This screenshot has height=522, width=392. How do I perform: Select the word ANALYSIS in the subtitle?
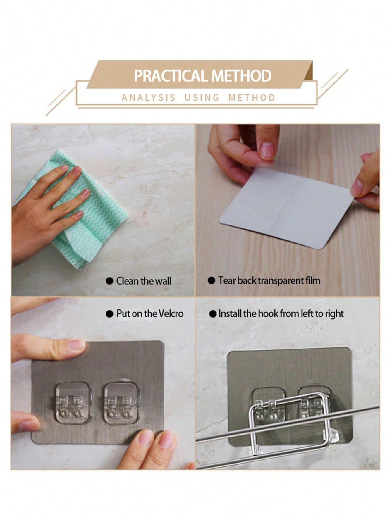coord(148,97)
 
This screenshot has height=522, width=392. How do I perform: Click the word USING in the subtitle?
coord(202,97)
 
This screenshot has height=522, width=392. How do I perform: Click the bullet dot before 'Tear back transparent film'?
coord(211,281)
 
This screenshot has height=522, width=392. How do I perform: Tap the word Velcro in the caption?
coord(171,314)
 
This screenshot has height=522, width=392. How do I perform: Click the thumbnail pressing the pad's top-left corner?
coord(77,344)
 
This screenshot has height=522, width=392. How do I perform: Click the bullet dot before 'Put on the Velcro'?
coord(109,314)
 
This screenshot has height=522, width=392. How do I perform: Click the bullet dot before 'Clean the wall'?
coord(109,281)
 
